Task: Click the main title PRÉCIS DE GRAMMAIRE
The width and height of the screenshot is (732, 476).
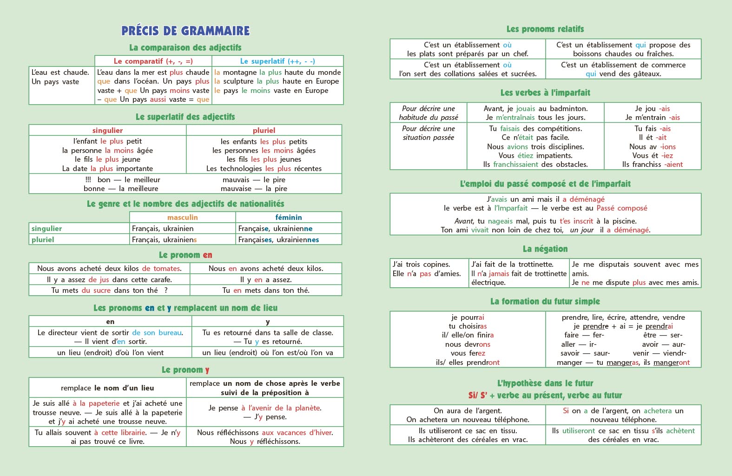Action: tap(185, 31)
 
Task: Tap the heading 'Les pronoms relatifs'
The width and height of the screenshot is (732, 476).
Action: tap(545, 29)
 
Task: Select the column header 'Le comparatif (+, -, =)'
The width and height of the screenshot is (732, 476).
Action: tap(153, 61)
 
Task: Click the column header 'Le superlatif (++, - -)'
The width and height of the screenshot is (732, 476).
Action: tap(277, 61)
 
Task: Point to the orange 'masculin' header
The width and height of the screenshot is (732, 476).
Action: tap(182, 218)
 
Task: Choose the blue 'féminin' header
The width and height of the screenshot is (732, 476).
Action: tap(288, 218)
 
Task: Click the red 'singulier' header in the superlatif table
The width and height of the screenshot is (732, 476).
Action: tap(107, 131)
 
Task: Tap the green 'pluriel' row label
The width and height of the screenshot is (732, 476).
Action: tap(43, 240)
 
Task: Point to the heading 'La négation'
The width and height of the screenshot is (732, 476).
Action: tap(545, 249)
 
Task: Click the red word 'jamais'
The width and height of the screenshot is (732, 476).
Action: tap(499, 274)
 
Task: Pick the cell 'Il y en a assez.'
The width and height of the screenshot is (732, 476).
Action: tap(266, 280)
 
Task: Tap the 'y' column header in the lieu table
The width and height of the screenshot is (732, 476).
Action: tap(268, 322)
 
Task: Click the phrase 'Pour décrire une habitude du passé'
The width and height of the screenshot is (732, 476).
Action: tap(428, 113)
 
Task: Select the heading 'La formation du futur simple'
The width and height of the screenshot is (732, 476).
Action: tap(545, 302)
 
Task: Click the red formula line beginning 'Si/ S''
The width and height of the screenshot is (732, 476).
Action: tap(545, 396)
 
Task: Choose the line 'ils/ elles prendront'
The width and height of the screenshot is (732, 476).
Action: tap(468, 363)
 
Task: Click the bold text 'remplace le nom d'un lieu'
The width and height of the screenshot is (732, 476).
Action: tap(107, 388)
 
